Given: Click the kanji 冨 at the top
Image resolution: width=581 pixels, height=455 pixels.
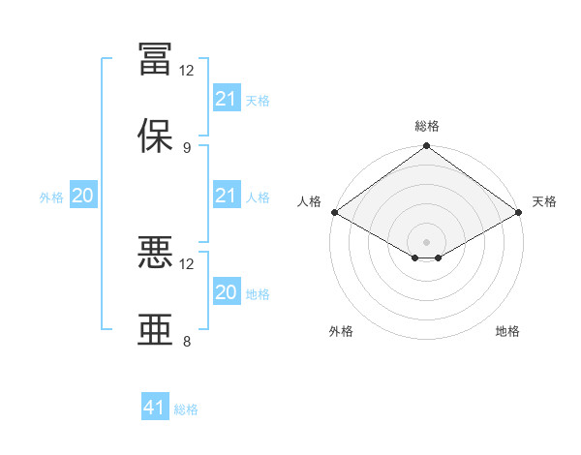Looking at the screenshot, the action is click(x=155, y=59).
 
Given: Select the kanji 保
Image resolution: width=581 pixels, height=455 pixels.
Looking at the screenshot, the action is click(x=155, y=136).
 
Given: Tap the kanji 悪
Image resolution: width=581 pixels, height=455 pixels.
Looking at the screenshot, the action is click(x=155, y=252).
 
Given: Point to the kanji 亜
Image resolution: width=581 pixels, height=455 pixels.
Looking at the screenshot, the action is click(x=155, y=329).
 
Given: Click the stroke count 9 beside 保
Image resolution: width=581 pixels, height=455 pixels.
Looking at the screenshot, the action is click(x=187, y=148).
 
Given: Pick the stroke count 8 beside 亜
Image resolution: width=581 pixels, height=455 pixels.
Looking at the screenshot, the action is click(x=187, y=341).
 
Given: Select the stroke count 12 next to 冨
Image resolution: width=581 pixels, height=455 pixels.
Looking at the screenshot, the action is click(x=186, y=71).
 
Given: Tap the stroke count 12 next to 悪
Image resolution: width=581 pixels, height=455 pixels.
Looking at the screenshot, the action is click(x=186, y=264).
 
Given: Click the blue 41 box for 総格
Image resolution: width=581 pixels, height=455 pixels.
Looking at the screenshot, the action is click(x=155, y=406).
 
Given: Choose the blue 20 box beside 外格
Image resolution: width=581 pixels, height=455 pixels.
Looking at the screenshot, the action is click(x=83, y=195).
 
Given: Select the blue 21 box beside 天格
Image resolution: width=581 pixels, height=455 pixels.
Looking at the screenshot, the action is click(x=227, y=98).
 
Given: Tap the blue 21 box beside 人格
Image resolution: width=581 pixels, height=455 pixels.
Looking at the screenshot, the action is click(x=227, y=195).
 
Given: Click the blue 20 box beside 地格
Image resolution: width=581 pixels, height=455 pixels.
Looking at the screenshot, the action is click(x=227, y=290).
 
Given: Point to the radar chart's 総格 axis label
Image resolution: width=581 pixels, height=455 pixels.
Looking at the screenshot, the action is click(x=427, y=126).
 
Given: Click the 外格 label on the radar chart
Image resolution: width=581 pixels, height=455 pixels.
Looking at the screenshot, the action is click(x=341, y=331).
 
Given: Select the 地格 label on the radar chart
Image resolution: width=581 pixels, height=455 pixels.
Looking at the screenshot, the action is click(x=507, y=331).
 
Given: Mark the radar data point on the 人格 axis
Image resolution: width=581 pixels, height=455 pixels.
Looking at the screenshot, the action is click(x=335, y=212).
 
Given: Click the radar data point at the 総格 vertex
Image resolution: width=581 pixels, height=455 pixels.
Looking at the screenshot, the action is click(x=426, y=145).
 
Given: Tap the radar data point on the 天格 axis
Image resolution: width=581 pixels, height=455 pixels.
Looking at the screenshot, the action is click(x=519, y=212).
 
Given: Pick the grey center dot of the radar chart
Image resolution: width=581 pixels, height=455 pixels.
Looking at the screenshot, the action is click(x=426, y=242).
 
